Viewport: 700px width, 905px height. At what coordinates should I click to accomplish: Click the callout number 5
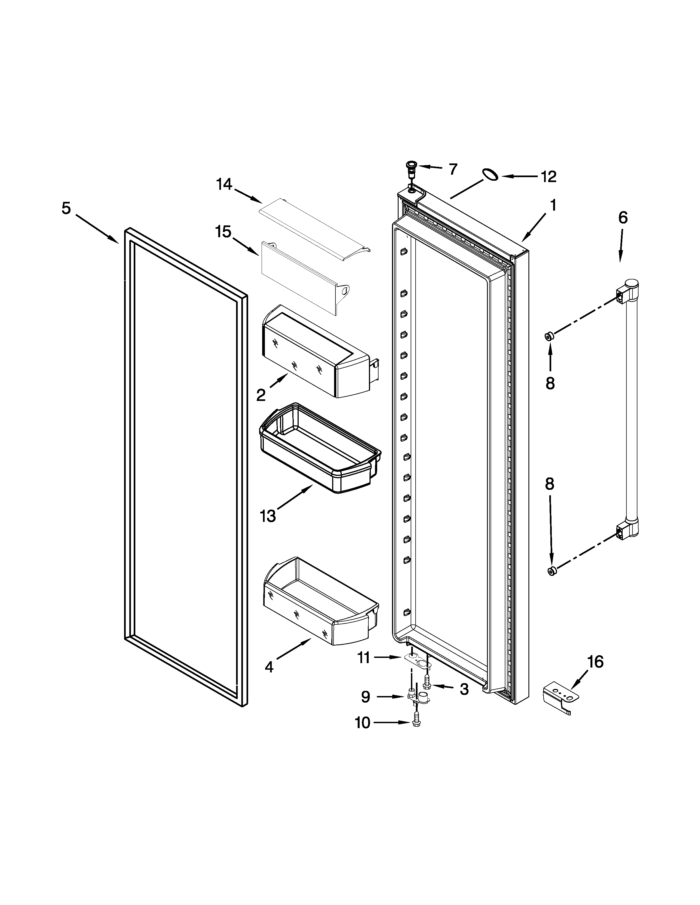66,208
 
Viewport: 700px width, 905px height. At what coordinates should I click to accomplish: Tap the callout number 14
224,184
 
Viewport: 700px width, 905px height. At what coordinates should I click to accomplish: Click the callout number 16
595,662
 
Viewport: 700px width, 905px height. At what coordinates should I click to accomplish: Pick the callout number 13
268,516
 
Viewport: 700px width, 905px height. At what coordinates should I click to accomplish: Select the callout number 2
261,396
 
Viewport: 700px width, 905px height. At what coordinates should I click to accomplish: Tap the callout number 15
223,232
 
